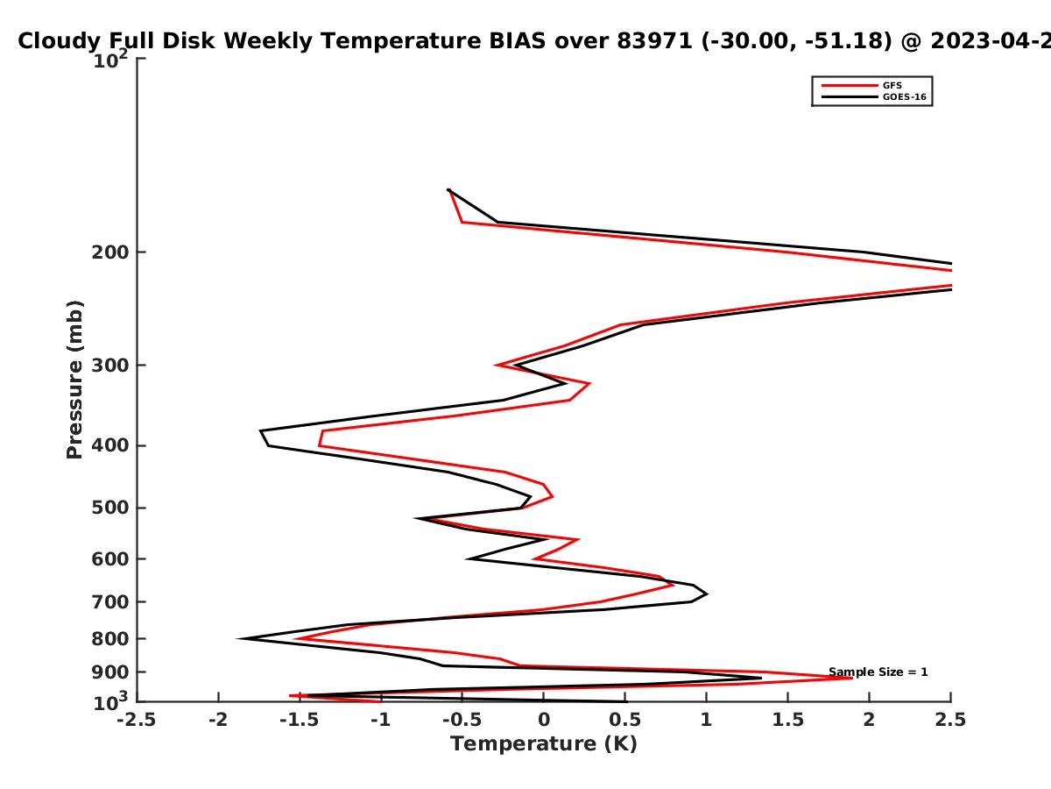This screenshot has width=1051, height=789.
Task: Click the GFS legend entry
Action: [861, 85]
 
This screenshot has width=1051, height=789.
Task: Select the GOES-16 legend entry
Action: [873, 96]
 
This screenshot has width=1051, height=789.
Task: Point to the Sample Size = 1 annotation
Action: [878, 672]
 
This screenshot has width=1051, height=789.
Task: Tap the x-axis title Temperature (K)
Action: [544, 744]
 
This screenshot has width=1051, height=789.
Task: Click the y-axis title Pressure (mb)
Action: [74, 380]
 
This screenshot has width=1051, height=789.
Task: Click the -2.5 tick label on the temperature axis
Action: [137, 720]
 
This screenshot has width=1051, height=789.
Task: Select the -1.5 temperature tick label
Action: [300, 720]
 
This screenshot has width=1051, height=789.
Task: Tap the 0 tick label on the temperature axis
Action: [544, 720]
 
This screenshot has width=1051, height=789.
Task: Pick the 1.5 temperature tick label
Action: [787, 720]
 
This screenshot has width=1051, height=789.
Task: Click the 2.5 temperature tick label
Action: [950, 720]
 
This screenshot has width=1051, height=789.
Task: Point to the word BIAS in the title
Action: [517, 41]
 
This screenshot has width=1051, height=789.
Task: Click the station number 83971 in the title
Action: [654, 41]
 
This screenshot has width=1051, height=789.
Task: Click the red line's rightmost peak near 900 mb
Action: [852, 678]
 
